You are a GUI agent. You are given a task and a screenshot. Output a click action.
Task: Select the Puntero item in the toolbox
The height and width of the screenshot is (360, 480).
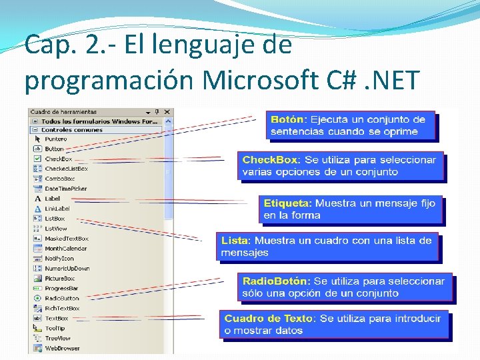point(55,139)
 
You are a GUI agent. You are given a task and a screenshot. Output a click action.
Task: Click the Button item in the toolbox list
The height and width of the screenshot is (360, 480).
point(54,149)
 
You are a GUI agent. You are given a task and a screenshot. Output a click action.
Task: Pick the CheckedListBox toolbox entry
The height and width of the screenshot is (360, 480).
point(66,169)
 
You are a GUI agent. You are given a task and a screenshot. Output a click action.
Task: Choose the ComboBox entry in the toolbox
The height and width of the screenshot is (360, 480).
point(59,179)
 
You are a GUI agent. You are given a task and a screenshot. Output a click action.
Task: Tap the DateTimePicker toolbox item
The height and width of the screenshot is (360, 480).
point(65,189)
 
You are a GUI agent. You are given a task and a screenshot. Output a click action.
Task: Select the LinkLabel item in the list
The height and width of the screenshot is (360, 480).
point(57,209)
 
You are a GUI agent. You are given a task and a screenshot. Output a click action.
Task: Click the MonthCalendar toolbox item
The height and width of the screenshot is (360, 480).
point(65,249)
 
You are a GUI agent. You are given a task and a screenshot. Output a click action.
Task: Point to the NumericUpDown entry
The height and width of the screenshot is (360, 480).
point(67,269)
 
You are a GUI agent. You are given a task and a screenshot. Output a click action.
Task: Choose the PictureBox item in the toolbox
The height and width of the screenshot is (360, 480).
point(59,279)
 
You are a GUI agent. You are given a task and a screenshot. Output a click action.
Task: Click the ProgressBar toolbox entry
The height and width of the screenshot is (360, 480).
point(61,289)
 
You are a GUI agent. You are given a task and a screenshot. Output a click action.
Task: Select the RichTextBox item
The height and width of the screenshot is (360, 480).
point(62,309)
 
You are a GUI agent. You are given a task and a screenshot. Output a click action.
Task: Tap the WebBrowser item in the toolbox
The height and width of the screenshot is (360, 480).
point(62,348)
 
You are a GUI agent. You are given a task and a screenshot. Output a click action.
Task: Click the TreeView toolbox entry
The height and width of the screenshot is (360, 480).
point(57,338)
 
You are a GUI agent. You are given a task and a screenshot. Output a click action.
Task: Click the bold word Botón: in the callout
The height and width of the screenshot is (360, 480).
point(289,119)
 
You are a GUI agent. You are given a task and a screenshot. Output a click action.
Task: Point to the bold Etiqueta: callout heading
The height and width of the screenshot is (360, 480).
point(287,203)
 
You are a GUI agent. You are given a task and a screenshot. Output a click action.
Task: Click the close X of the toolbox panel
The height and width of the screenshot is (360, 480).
point(167,112)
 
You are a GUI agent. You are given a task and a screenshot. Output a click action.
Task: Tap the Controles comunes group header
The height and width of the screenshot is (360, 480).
point(71,130)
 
